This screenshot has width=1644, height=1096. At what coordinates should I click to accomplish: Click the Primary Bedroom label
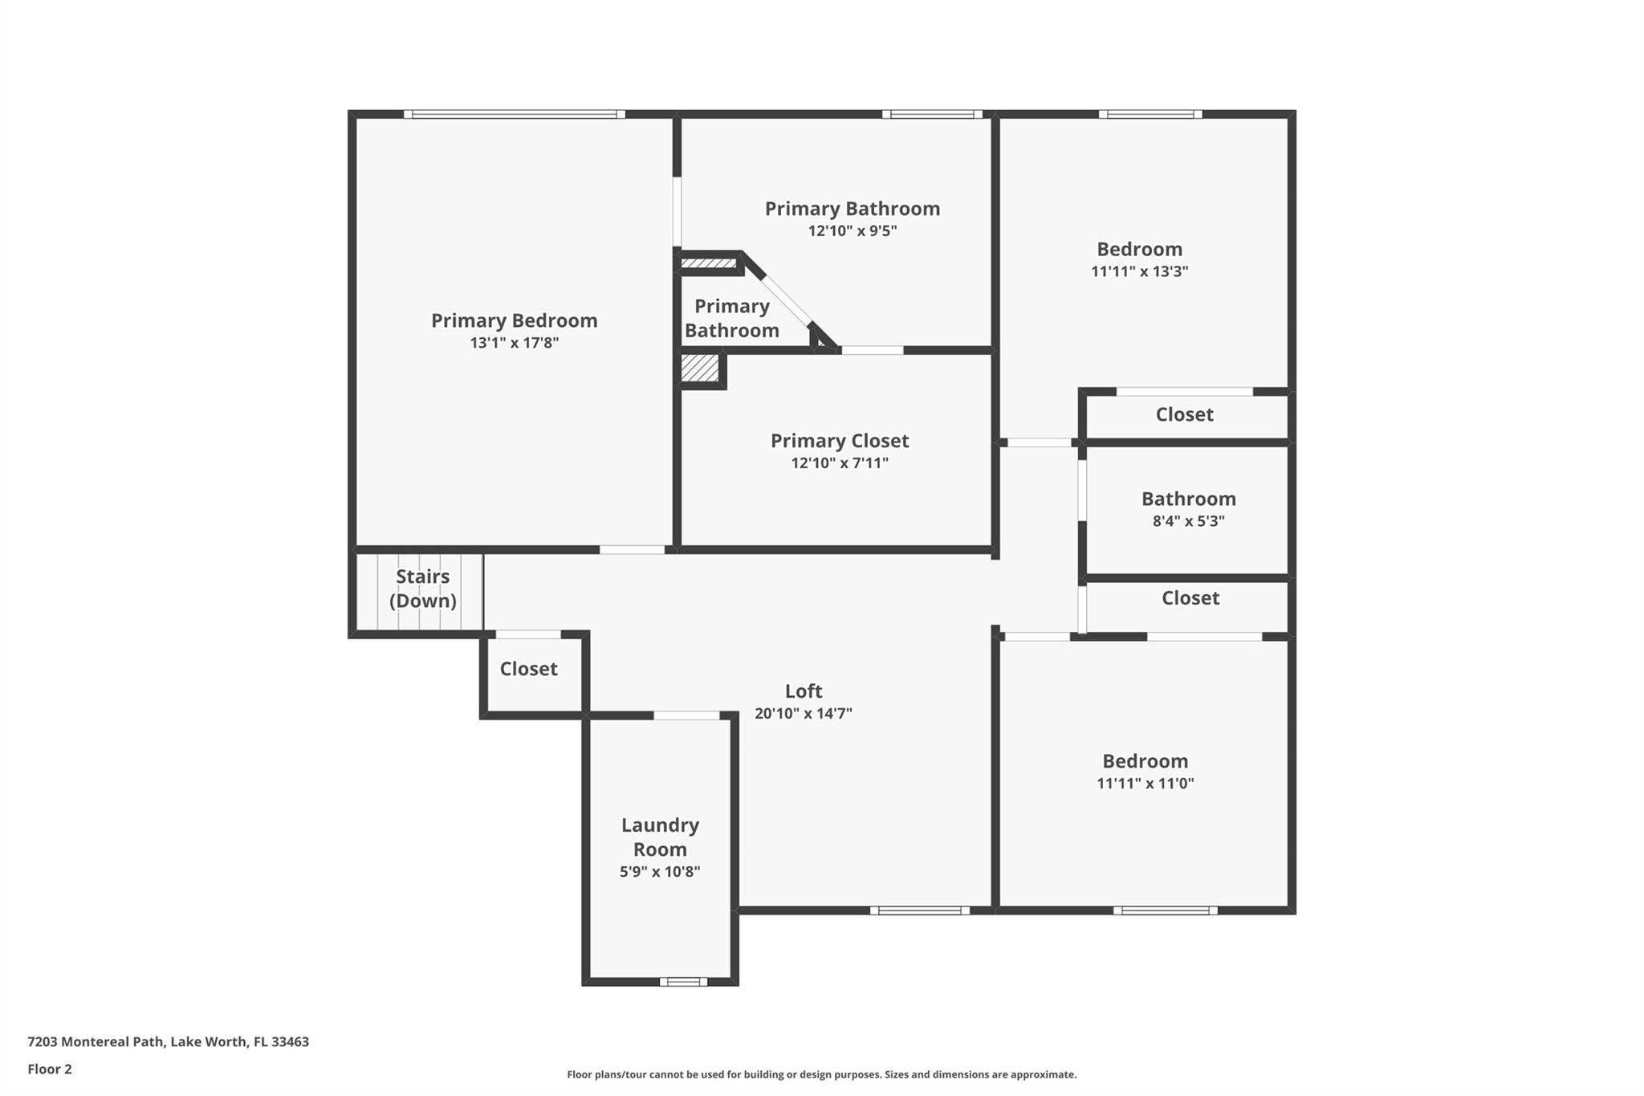[514, 320]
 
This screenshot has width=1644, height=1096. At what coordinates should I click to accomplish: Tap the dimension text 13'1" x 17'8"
[514, 343]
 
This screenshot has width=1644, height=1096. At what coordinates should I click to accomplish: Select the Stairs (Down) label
[422, 589]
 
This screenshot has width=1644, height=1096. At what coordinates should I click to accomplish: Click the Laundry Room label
[660, 837]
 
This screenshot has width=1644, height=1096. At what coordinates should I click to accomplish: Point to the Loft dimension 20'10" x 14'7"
[803, 713]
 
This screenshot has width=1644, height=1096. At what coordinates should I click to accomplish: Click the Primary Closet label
[840, 441]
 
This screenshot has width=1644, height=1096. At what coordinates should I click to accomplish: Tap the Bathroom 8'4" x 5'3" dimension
[1188, 520]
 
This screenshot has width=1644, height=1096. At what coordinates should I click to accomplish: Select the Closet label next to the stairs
[528, 669]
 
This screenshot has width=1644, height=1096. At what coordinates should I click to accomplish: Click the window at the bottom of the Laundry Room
[683, 981]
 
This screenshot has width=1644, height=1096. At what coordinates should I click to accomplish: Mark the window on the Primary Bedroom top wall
[514, 114]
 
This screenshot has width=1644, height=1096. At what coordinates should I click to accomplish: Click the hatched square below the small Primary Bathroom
[700, 369]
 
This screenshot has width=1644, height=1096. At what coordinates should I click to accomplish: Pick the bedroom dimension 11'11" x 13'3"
[1139, 271]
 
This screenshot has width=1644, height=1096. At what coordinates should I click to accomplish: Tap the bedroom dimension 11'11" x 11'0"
[1145, 783]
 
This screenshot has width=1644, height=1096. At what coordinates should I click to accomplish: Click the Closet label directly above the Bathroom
[1184, 414]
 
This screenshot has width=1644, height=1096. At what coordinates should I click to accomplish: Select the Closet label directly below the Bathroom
[1190, 598]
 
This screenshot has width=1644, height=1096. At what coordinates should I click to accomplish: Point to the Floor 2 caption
[50, 1069]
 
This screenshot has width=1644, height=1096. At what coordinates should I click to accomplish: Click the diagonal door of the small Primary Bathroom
[786, 299]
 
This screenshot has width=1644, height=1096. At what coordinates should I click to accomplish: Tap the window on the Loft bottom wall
[920, 911]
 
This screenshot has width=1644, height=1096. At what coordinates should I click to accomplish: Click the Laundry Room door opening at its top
[686, 715]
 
